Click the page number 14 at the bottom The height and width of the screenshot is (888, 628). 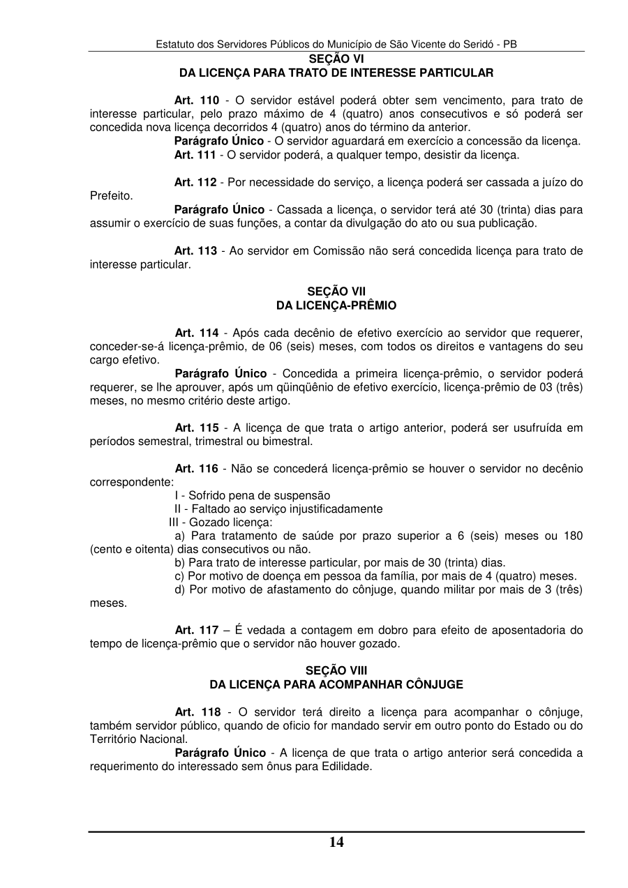click(x=336, y=842)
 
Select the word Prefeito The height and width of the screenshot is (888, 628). click(x=111, y=196)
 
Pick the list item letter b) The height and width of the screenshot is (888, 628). click(x=180, y=563)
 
